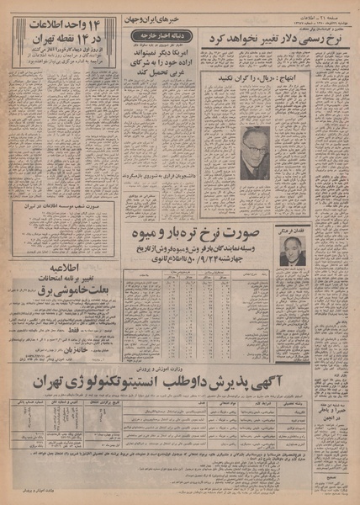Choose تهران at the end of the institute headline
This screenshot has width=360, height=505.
(56, 382)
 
